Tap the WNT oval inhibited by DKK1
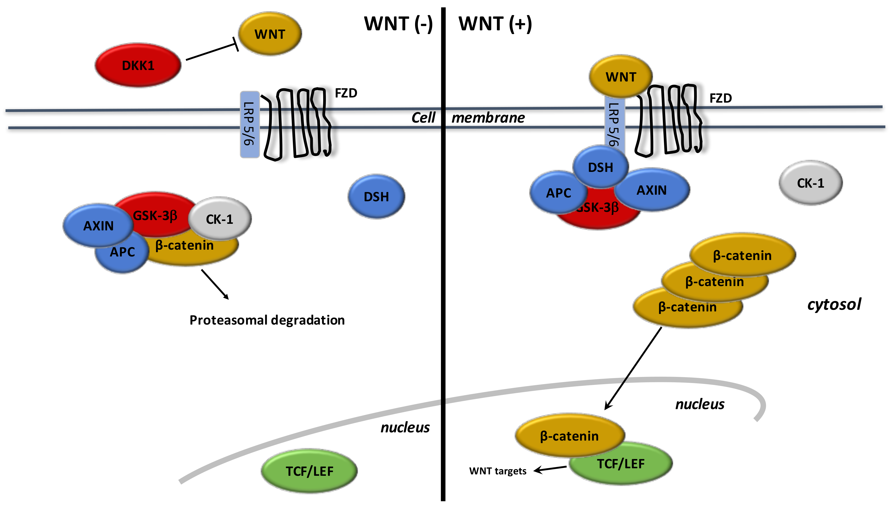coord(270,34)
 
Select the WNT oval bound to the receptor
coord(621,77)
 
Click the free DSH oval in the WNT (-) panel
coord(376,197)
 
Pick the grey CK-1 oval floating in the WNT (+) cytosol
coord(810,183)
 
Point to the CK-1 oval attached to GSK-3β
coord(220,219)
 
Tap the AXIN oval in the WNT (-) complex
coord(98,225)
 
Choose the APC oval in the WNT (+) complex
coord(558,193)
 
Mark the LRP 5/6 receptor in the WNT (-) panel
coord(250,125)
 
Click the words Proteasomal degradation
coord(267,320)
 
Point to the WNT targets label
coord(498,471)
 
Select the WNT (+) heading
coord(495,24)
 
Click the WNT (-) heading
coord(398,24)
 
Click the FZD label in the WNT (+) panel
coord(721,98)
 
